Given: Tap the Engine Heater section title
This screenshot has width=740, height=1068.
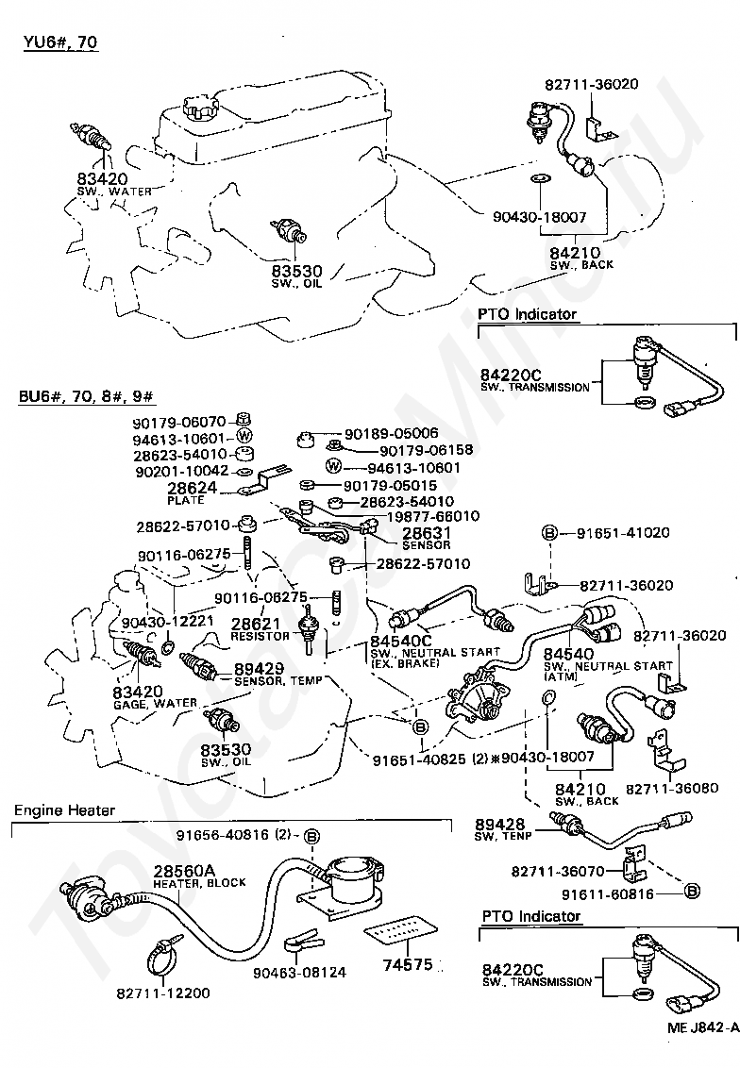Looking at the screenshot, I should point(64,810).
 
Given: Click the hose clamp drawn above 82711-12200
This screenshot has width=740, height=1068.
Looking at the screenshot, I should point(166,960).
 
